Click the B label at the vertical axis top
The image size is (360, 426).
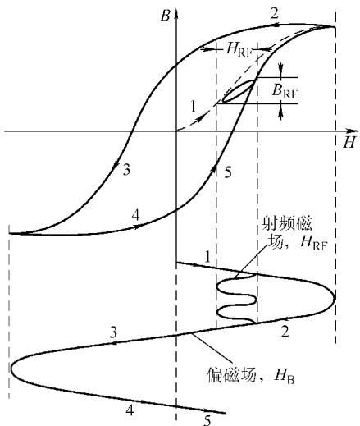(165, 16)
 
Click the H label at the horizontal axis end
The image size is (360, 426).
(349, 142)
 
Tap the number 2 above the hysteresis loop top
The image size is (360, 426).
(275, 13)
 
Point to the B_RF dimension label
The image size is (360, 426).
(285, 90)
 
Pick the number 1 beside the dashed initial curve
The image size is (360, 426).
(194, 106)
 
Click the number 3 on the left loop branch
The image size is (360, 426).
(126, 170)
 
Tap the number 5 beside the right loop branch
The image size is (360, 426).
(228, 172)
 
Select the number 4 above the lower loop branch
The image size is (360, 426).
(136, 215)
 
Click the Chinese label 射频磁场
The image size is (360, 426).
(287, 233)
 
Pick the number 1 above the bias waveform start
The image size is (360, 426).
(207, 257)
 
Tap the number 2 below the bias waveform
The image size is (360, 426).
(285, 332)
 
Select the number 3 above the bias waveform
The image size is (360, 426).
(113, 332)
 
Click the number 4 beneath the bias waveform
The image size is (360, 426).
(130, 410)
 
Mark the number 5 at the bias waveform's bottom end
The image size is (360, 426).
(207, 420)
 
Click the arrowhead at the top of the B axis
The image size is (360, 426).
(176, 12)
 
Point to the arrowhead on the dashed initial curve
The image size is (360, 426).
(201, 118)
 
